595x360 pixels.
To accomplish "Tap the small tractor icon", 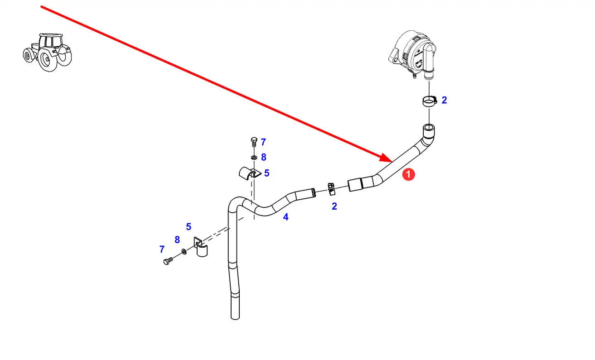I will pos(47,52).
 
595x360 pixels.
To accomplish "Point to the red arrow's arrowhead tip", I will pos(392,161).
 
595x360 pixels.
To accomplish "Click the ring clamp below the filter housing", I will pos(428,101).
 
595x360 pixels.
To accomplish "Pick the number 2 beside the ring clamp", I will pos(444,100).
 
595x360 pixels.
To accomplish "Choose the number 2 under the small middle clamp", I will pos(334,206).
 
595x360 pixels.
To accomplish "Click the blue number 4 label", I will pos(285,217).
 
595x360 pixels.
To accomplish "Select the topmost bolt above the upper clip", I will pos(253,142).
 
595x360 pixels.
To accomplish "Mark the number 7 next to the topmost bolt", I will pos(263,142).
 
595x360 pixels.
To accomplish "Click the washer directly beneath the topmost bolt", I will pos(253,157).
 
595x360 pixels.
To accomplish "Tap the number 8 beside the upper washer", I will pos(264,157).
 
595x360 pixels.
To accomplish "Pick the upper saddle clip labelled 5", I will pos(248,173).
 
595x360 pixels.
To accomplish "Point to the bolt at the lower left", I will pos(168,261).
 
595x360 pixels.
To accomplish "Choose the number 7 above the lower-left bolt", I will pos(162,249).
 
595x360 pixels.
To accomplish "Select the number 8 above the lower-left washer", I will pos(177,240).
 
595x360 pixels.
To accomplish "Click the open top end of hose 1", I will pos(429,128).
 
